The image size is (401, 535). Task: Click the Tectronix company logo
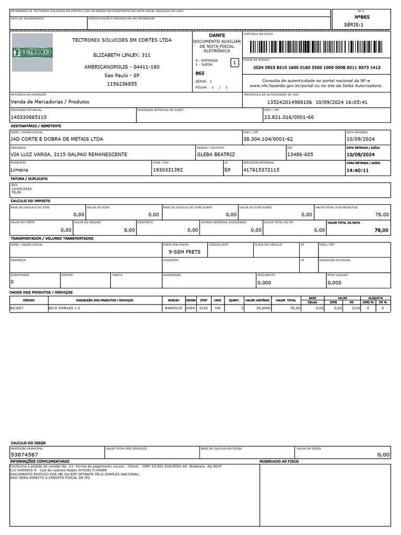pos(32,52)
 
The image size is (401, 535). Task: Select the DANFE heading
pos(217,35)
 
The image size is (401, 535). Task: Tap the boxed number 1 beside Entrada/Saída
pos(234,63)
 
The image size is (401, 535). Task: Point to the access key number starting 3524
pos(316,67)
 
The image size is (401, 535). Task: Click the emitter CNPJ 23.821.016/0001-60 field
pos(289,117)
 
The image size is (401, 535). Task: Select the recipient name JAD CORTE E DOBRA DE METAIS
pos(57,139)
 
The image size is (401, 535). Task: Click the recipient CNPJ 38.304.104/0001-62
pos(268,139)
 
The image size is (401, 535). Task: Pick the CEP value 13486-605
pos(300,155)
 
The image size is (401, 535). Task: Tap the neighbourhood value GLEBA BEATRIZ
pos(215,155)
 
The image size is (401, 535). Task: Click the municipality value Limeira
pos(20,170)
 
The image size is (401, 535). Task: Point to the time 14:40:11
pos(358,170)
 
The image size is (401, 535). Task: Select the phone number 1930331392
pos(168,170)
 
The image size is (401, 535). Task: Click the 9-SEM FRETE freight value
pos(184,252)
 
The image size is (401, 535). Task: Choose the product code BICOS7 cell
pos(17,308)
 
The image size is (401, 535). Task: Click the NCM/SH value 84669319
pos(174,308)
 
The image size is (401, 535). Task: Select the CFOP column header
pos(204,300)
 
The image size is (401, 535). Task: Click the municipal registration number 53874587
pos(25,455)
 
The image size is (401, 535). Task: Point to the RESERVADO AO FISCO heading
pos(279,462)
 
